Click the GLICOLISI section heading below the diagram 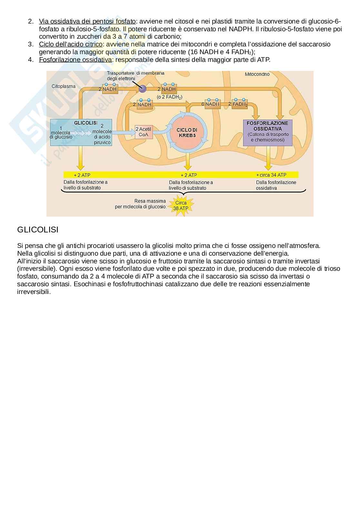[38, 230]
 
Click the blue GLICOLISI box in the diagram [81, 132]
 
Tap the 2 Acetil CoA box [143, 132]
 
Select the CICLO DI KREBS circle [187, 132]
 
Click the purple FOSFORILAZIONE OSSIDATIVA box [267, 132]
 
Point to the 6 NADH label [211, 104]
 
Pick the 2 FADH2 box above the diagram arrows [238, 104]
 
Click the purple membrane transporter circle [142, 89]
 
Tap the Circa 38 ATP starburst [181, 206]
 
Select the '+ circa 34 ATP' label [271, 175]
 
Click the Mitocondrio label [257, 74]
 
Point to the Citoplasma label [64, 86]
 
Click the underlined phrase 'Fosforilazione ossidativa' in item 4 [75, 60]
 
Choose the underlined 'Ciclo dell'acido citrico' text [70, 44]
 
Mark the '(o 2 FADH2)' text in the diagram [169, 97]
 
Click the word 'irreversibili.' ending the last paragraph [34, 292]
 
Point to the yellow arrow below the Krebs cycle [187, 163]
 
